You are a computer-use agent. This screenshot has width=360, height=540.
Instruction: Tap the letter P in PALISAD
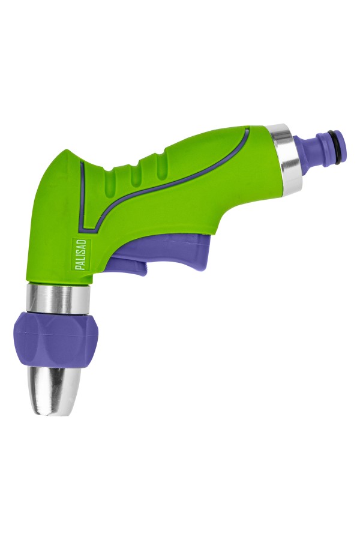(83, 267)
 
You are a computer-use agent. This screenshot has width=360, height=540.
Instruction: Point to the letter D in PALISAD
(83, 242)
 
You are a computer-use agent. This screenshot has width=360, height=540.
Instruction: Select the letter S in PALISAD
(83, 251)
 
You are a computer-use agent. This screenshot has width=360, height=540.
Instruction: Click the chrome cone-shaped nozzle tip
(55, 391)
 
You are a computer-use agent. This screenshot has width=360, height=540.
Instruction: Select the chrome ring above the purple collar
(58, 299)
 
